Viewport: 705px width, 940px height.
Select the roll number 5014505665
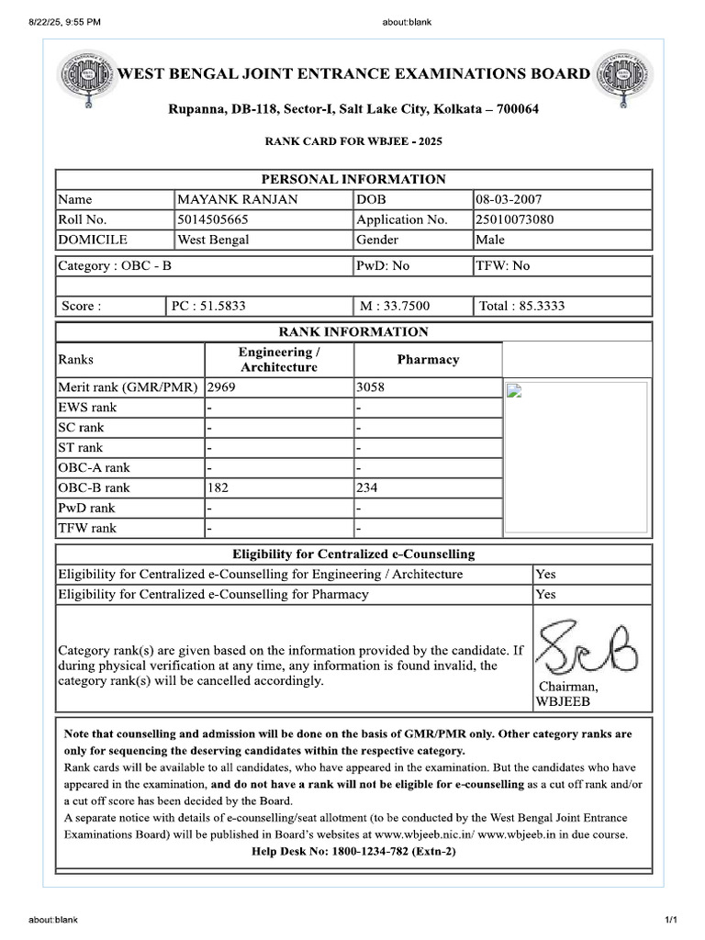point(213,219)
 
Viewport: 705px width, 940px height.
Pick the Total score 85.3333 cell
point(521,306)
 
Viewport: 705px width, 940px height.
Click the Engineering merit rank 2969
point(223,387)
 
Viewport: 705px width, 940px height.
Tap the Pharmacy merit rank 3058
point(371,387)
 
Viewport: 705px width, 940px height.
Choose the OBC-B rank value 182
point(218,487)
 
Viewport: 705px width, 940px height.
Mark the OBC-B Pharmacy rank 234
point(366,487)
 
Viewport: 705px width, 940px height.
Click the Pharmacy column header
point(428,360)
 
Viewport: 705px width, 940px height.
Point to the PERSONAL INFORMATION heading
point(353,179)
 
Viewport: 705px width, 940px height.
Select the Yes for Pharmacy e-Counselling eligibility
point(545,594)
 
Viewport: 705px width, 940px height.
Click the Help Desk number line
point(353,851)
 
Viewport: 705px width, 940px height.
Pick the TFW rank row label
point(87,528)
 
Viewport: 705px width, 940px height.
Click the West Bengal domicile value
point(213,240)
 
